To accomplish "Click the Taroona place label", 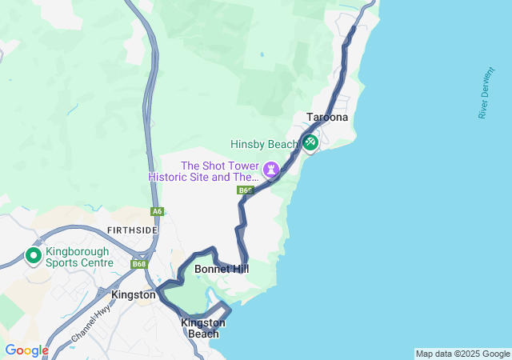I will (327, 117).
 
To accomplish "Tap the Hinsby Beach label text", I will (264, 145).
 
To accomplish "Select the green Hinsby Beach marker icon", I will (310, 143).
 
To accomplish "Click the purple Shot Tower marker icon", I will (272, 169).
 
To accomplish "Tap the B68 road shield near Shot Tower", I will (246, 190).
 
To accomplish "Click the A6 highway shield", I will (158, 211).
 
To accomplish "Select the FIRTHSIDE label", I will (131, 230).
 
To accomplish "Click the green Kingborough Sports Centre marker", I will (34, 256).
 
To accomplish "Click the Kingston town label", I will (134, 294).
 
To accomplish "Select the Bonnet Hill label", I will (222, 269).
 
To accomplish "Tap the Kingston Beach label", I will (203, 328).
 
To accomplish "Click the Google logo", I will (26, 350).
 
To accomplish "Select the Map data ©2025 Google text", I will (462, 354).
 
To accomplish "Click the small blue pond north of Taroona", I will (262, 55).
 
